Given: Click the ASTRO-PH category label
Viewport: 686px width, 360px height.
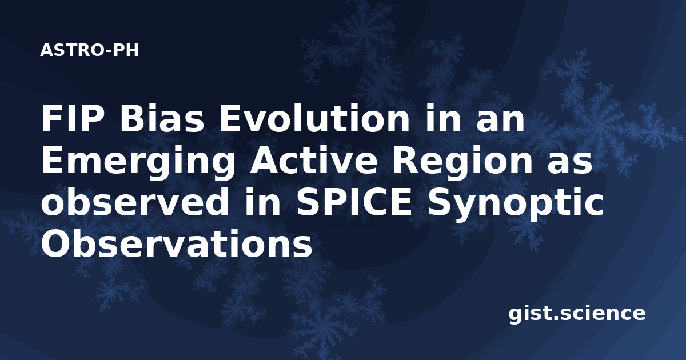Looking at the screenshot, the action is point(89,50).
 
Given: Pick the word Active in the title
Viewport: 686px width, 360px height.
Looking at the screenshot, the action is point(313,161).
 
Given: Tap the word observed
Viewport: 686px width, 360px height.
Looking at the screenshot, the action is point(134,202).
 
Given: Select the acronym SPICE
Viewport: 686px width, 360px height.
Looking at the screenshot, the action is point(353,202).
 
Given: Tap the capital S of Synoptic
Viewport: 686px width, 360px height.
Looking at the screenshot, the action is point(440,202).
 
